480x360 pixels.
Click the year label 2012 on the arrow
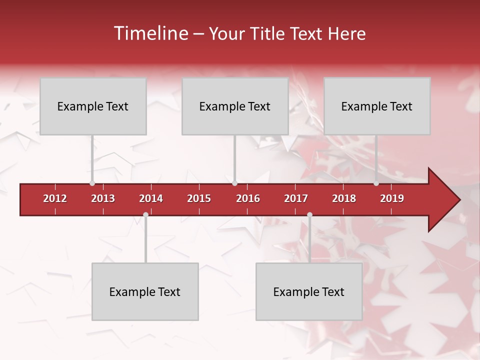[55, 198]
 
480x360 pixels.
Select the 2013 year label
[103, 198]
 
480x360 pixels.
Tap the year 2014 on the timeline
[151, 198]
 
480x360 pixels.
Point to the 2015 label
[199, 198]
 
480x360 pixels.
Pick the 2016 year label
[248, 198]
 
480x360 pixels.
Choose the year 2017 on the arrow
[296, 198]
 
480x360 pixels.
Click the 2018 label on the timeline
[344, 198]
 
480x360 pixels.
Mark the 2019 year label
[392, 198]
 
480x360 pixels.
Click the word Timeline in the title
[150, 33]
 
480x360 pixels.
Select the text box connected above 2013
[93, 106]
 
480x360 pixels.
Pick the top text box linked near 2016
[235, 106]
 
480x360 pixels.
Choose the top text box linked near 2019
[377, 106]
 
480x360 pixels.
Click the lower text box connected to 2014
[145, 291]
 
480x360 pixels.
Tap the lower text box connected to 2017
[309, 291]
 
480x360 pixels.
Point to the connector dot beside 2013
[92, 183]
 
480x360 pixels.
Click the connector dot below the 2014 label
[145, 214]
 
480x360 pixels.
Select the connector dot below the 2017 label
[309, 214]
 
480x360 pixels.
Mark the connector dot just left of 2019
[376, 183]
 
